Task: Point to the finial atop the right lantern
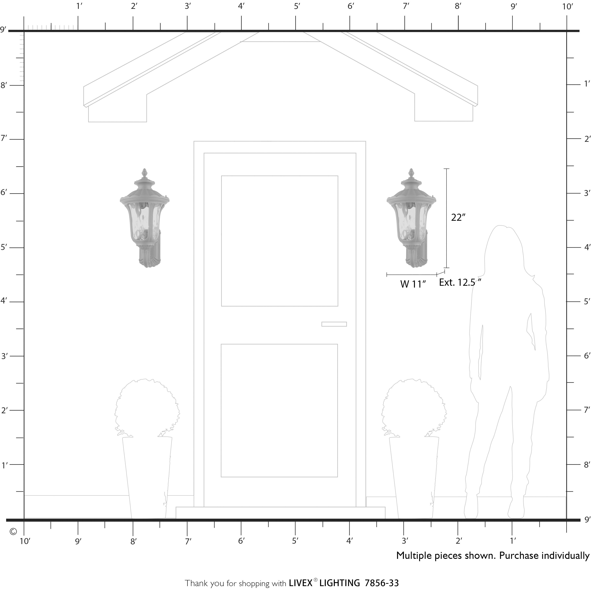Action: (411, 172)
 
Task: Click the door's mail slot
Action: (334, 324)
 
